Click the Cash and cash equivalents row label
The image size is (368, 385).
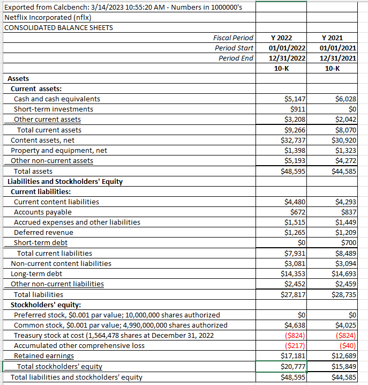click(x=57, y=99)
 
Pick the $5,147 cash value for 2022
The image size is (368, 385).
click(x=295, y=99)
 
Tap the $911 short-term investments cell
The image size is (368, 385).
click(x=297, y=109)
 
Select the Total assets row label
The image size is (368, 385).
click(x=33, y=171)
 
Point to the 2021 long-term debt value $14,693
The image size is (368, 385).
click(x=344, y=273)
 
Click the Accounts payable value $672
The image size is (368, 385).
click(x=297, y=212)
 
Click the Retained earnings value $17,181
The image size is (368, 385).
click(x=293, y=356)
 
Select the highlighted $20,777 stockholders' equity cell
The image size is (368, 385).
click(x=293, y=366)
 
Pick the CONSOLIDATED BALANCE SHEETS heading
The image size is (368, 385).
click(x=58, y=27)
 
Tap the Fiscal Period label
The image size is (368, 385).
click(x=233, y=38)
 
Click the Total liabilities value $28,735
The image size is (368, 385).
click(x=344, y=294)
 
